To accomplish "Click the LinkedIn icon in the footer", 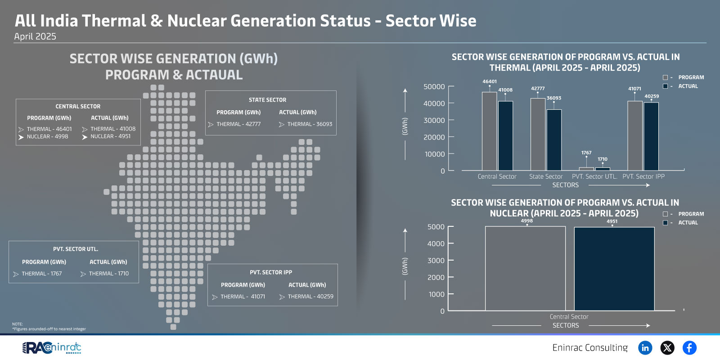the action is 645,348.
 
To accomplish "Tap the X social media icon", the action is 667,348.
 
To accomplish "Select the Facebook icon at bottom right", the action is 689,348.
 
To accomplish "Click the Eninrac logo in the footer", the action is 52,348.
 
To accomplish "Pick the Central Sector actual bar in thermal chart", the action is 506,135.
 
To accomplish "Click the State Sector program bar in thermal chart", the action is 538,134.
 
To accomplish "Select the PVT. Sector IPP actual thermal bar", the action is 651,136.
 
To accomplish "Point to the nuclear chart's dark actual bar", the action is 614,269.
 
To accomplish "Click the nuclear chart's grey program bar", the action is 525,268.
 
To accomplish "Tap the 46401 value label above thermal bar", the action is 490,81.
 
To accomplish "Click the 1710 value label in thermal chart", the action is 603,159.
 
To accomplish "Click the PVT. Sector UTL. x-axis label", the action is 594,176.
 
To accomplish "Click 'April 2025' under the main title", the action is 35,36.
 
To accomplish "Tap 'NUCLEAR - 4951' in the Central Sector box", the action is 110,136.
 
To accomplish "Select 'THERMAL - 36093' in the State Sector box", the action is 310,124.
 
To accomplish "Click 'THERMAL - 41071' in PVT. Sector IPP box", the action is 243,297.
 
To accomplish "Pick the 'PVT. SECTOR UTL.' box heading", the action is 76,249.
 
